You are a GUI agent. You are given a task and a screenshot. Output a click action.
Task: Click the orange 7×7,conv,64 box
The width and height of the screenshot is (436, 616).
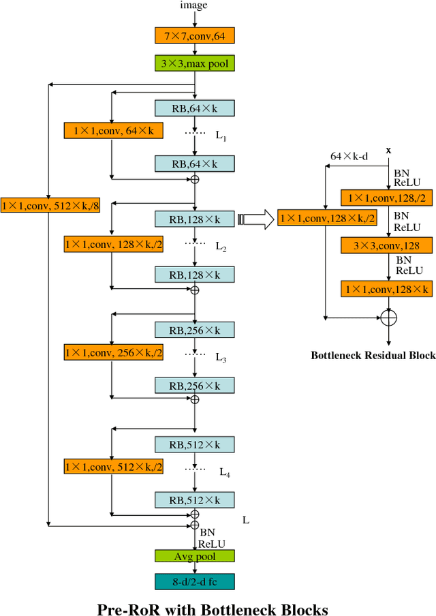194,37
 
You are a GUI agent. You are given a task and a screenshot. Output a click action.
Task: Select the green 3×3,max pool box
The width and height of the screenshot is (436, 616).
194,64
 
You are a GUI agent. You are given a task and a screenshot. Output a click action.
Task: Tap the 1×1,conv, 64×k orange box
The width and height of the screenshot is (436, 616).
113,130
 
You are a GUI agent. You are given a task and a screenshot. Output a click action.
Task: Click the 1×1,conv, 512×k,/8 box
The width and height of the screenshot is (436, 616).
50,204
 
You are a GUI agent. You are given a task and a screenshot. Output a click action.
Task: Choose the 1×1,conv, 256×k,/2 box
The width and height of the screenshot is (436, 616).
113,352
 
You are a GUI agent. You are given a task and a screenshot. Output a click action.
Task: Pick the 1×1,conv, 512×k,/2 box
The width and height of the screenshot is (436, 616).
113,467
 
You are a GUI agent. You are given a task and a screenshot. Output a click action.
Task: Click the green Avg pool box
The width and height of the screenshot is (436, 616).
194,555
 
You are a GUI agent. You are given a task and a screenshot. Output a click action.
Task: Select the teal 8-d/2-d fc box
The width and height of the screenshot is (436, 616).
194,581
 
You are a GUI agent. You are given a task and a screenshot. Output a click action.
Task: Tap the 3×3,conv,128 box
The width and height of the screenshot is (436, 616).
387,245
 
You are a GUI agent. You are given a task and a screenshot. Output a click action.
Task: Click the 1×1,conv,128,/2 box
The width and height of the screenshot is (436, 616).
387,198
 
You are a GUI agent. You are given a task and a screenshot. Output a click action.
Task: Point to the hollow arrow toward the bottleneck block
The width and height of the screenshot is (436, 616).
255,219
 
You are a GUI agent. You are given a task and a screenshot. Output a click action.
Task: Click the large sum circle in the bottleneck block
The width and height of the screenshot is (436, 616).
388,318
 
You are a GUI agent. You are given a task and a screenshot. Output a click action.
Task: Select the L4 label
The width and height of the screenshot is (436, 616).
224,472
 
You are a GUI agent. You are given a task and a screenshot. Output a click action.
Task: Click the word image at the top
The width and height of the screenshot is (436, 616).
193,5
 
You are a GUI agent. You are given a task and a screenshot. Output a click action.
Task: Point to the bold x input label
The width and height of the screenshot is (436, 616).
388,149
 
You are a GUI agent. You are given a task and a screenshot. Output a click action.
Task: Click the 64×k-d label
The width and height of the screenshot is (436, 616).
349,156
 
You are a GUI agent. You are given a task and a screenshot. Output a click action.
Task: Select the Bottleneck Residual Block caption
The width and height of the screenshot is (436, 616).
373,355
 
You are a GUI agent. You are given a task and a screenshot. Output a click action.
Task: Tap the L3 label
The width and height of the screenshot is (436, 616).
221,357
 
